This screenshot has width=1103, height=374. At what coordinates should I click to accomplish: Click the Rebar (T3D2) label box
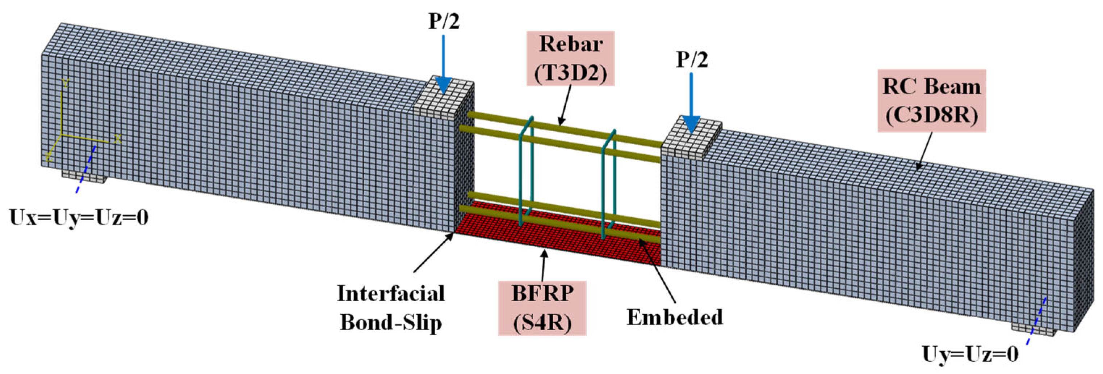pos(570,59)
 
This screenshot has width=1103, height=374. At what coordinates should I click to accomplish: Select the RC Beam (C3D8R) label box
pos(932,101)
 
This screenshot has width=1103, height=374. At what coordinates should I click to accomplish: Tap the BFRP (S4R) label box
pos(542,308)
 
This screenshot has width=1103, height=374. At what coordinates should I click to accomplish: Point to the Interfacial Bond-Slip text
pos(391,308)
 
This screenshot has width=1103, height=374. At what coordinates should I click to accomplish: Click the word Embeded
pos(675,318)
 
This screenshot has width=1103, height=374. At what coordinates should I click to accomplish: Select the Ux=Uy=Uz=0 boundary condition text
pos(79,218)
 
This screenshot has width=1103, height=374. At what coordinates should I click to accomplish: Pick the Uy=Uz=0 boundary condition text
pos(970,355)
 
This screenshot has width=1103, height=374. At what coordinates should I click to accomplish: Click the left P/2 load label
pos(444,21)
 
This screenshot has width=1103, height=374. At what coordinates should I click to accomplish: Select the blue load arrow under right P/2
pos(691,103)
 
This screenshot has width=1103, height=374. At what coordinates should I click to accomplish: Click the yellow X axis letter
pos(117,139)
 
